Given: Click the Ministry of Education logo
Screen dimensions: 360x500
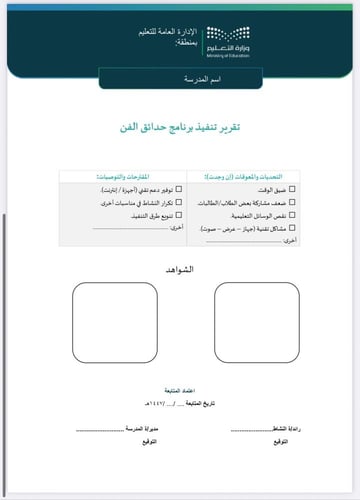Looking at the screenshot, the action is pos(228,39).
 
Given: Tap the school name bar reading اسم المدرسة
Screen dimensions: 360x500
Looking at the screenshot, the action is pos(180,78).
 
